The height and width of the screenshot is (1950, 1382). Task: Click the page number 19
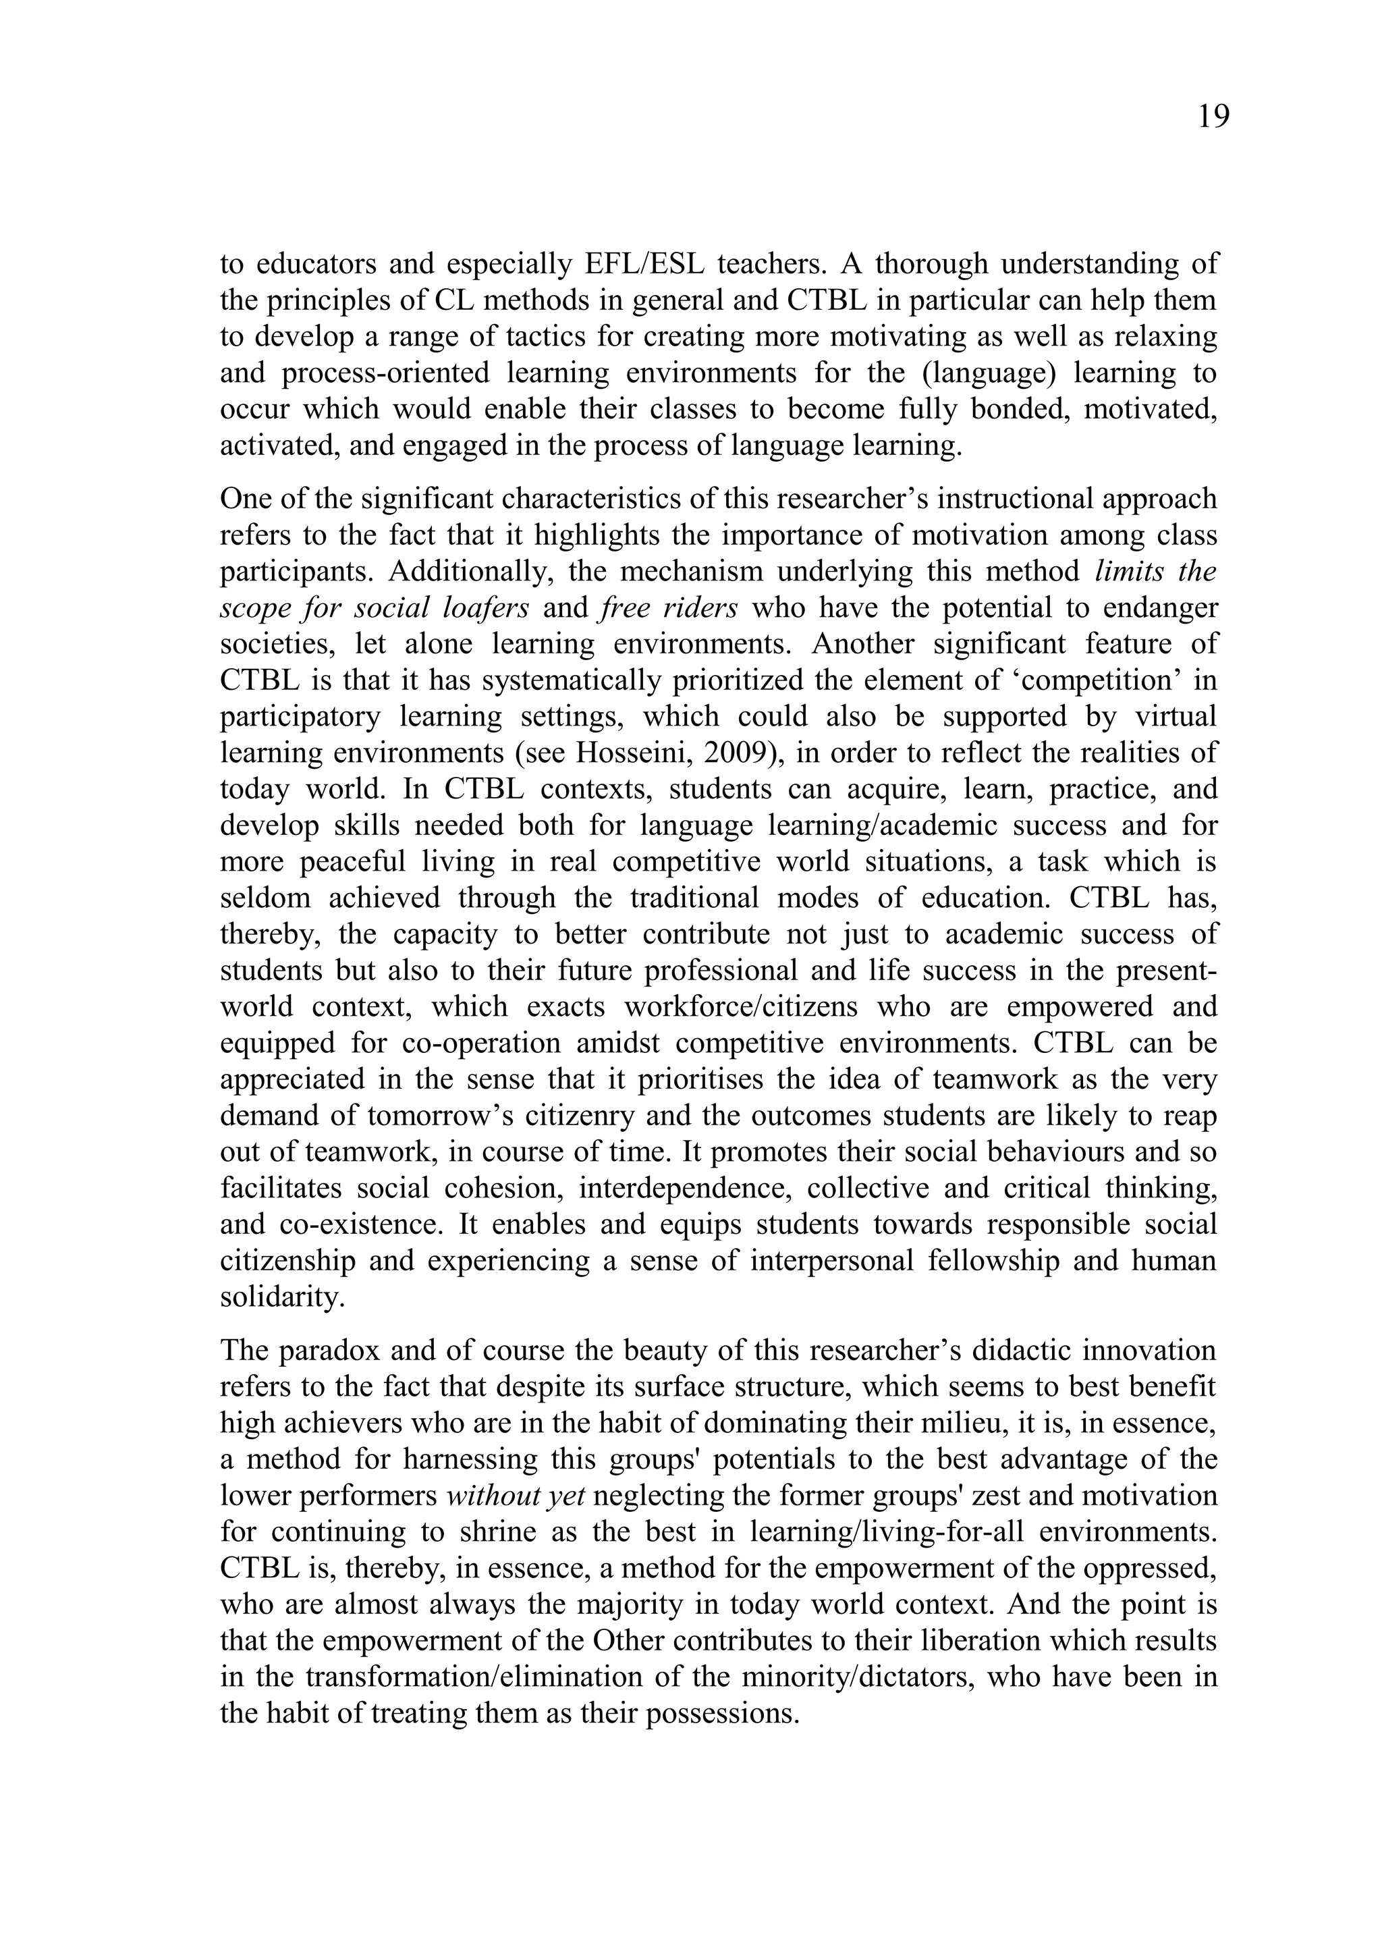click(x=1213, y=117)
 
